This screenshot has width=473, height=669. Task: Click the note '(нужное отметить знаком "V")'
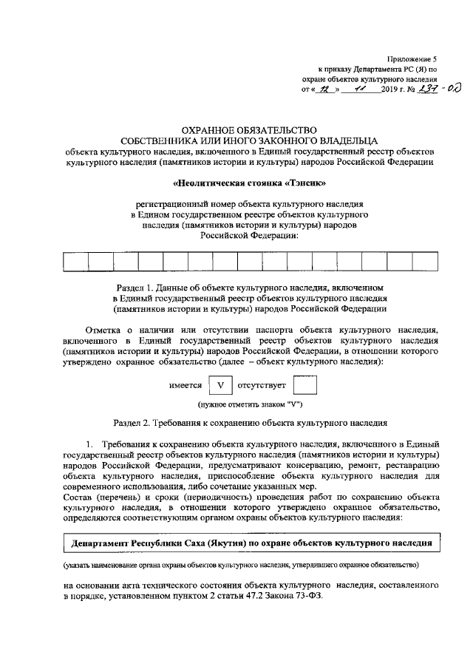[249, 405]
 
